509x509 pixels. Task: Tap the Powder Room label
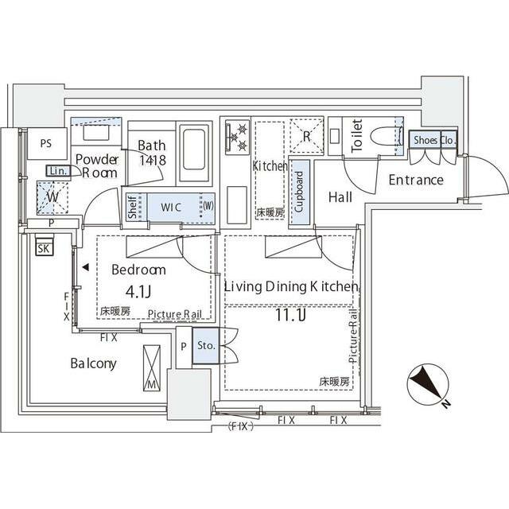tap(97, 165)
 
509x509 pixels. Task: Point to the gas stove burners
tap(236, 137)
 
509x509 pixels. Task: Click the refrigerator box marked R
tap(306, 135)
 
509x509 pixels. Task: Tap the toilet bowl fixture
tap(386, 136)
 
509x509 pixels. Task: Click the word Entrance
tap(415, 180)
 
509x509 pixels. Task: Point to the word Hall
tap(340, 197)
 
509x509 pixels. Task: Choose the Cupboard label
tap(300, 192)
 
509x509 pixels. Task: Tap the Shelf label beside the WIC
tap(132, 208)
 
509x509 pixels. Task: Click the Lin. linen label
tap(56, 171)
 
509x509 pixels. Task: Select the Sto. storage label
tap(205, 346)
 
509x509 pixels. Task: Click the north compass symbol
tap(426, 387)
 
